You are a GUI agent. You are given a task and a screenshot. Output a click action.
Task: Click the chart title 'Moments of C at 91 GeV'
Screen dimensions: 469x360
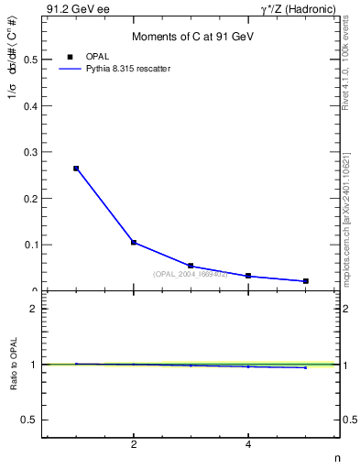coord(192,37)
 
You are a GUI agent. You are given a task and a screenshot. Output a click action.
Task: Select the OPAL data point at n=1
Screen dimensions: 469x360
coord(76,169)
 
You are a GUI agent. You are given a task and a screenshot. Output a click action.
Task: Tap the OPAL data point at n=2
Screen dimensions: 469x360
coord(134,243)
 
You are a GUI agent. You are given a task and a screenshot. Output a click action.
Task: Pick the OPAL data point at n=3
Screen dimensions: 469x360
coord(191,266)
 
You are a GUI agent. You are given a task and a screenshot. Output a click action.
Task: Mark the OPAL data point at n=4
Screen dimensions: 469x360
coord(248,276)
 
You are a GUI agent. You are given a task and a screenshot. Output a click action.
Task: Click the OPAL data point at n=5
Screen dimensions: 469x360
coord(305,281)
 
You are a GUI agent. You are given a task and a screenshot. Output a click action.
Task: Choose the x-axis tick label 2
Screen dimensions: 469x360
coord(134,444)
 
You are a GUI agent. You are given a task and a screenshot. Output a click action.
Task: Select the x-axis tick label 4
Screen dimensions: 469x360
coord(248,444)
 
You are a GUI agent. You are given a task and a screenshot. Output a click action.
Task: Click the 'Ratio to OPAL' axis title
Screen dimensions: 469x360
coord(15,365)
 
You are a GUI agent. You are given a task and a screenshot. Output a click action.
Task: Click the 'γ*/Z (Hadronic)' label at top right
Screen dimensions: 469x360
coord(298,9)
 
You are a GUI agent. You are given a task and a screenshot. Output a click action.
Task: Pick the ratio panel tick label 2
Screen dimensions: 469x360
coord(34,309)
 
